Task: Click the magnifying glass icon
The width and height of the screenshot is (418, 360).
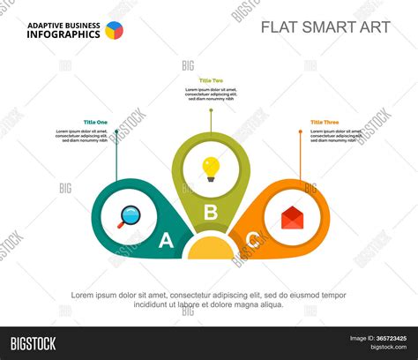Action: pyautogui.click(x=129, y=215)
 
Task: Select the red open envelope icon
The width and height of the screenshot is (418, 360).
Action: pyautogui.click(x=293, y=217)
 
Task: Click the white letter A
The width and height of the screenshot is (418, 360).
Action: pyautogui.click(x=165, y=240)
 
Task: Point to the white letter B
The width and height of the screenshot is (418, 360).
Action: pyautogui.click(x=211, y=212)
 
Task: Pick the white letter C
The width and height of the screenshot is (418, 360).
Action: pyautogui.click(x=253, y=239)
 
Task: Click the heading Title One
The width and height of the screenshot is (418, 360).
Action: pyautogui.click(x=95, y=122)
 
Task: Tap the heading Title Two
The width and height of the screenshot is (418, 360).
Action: pyautogui.click(x=211, y=80)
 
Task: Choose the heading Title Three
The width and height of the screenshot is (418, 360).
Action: pyautogui.click(x=324, y=122)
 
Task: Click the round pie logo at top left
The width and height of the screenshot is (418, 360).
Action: pyautogui.click(x=114, y=30)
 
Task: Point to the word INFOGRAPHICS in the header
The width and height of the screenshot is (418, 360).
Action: pyautogui.click(x=63, y=35)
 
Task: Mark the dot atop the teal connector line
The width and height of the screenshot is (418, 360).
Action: pyautogui.click(x=116, y=131)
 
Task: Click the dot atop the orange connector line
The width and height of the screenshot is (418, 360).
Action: pyautogui.click(x=300, y=131)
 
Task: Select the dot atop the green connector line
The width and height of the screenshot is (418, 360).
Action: pyautogui.click(x=211, y=109)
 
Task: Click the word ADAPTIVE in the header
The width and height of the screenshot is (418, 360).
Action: pyautogui.click(x=42, y=25)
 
